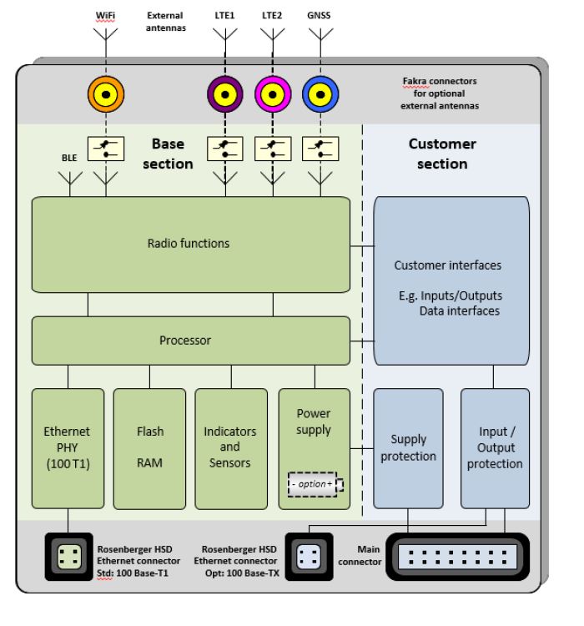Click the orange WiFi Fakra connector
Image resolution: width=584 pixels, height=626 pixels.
point(106,94)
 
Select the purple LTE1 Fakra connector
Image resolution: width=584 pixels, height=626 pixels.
point(225,94)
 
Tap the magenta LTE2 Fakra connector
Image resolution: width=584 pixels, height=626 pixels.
point(273,94)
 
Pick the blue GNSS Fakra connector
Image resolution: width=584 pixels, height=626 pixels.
point(320,94)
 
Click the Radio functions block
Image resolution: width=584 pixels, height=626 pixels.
point(191,245)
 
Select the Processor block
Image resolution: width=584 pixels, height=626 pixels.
point(191,341)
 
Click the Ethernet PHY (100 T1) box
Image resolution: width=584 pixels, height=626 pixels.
point(68,448)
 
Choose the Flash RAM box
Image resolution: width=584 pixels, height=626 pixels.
point(149,448)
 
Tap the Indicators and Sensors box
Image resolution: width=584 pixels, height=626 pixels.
point(231,448)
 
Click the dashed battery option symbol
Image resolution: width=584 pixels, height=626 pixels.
point(315,485)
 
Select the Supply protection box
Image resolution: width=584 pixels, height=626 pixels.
point(408,448)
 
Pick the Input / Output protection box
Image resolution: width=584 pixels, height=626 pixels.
point(495,448)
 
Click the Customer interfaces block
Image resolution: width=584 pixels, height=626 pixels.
point(451,280)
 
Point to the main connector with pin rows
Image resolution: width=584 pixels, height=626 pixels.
point(457,557)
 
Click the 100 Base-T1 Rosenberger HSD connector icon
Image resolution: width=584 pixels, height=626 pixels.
point(69,557)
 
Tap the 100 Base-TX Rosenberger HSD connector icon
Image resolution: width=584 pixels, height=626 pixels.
point(309,557)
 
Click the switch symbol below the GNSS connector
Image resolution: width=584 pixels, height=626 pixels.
point(320,149)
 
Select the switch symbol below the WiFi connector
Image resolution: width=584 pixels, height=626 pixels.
point(106,149)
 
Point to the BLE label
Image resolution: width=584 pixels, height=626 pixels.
point(69,158)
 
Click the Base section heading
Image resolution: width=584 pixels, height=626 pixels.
point(168,154)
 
